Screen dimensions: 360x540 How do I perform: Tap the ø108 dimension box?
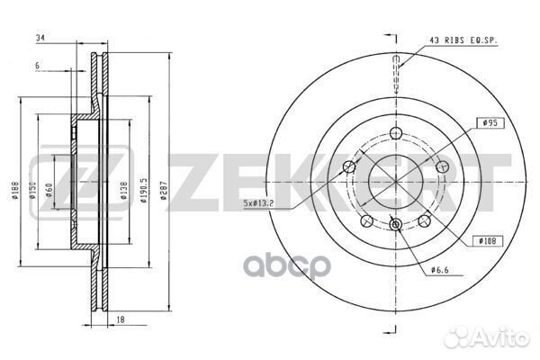click(x=488, y=242)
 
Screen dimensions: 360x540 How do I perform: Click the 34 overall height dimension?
click(x=39, y=38)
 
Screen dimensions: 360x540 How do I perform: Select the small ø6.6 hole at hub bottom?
click(x=396, y=225)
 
